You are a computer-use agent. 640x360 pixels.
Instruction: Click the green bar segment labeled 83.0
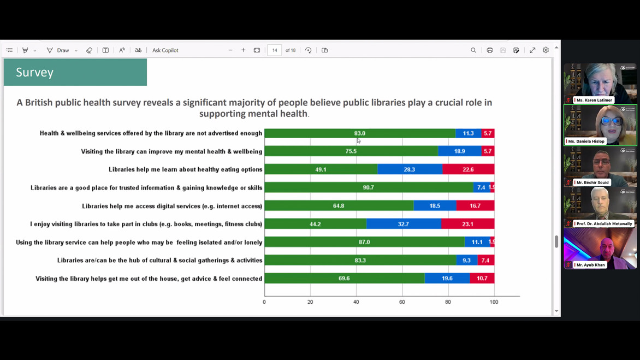click(359, 133)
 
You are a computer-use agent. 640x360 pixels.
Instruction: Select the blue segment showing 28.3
click(410, 169)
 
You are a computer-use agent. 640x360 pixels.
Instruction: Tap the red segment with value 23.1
click(467, 224)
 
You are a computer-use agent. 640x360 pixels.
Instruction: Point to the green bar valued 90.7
click(369, 187)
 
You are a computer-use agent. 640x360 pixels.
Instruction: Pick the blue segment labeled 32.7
click(404, 224)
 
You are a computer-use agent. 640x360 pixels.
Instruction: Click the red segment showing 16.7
click(475, 206)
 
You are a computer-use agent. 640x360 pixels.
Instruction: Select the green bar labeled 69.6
click(344, 279)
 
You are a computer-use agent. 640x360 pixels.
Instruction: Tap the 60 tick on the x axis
click(402, 302)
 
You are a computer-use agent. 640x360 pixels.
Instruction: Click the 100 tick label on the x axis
click(494, 302)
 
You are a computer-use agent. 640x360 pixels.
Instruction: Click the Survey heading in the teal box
click(35, 72)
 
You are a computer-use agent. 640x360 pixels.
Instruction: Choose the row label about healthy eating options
click(186, 169)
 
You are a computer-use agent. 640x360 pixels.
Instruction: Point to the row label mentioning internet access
click(172, 206)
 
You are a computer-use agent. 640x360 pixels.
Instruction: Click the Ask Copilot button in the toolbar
click(165, 50)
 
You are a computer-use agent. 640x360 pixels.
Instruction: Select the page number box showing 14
click(275, 50)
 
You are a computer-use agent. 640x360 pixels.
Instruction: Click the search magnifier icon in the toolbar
click(473, 50)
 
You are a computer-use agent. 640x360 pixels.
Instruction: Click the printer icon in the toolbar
click(490, 50)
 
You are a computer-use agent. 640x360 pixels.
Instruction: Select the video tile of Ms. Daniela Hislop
click(600, 125)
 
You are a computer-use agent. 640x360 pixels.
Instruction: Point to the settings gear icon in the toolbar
click(546, 50)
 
